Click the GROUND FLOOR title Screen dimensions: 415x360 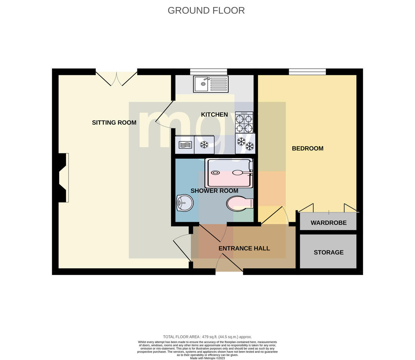(206, 10)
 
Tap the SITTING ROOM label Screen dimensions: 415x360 (114, 123)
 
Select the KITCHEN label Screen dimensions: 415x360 (214, 115)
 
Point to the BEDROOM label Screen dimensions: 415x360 (307, 149)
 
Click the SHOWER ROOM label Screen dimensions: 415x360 (214, 191)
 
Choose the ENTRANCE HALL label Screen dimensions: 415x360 (244, 248)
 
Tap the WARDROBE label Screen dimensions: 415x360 (329, 223)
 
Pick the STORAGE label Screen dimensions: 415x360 (329, 253)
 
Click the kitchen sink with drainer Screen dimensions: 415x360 (211, 84)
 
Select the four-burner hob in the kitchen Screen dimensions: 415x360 (244, 122)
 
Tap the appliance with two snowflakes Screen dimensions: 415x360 (245, 143)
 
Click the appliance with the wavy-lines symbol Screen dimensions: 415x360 (185, 145)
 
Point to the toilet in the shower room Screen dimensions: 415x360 (240, 203)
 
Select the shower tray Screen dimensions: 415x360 (229, 173)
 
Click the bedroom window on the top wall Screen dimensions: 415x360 (307, 72)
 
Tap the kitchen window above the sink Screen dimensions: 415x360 (209, 72)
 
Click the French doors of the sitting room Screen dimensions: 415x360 (117, 79)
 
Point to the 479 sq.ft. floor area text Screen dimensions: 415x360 (207, 337)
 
